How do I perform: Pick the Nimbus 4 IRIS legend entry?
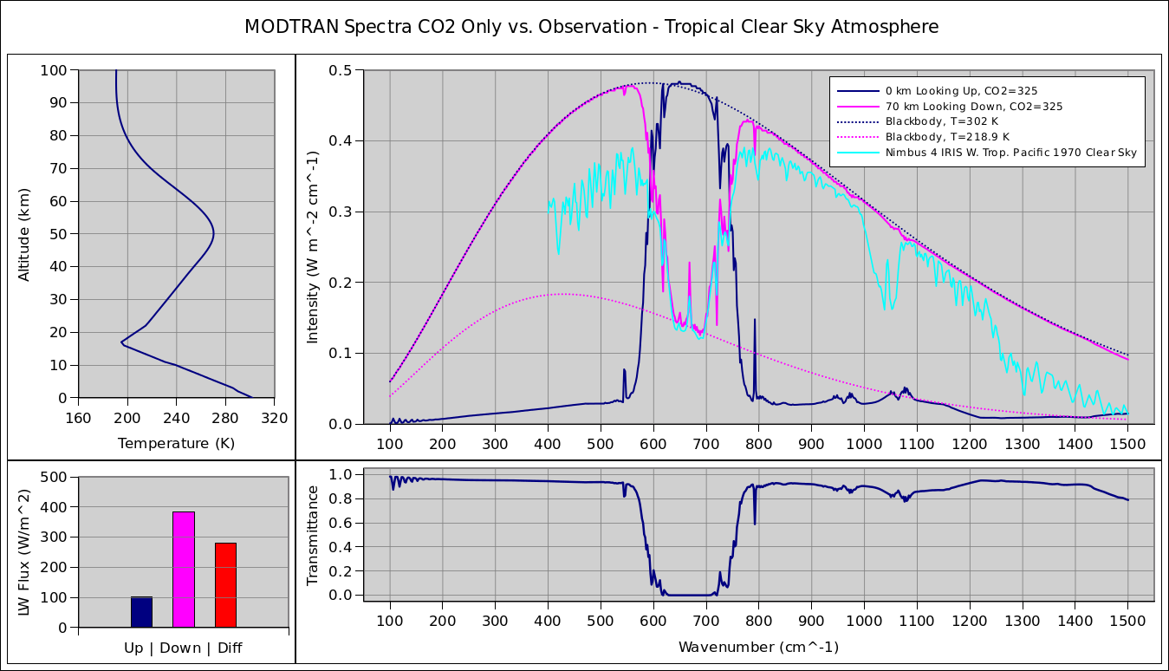pos(1010,153)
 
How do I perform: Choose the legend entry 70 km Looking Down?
pos(973,106)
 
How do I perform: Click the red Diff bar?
pos(225,584)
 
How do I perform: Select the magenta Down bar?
pos(183,569)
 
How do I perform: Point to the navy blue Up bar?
pos(141,611)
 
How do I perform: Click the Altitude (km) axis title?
pos(24,234)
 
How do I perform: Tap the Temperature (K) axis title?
pos(176,444)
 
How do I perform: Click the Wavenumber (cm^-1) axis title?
pos(758,647)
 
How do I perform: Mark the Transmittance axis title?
pos(314,535)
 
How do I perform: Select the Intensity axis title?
pos(314,247)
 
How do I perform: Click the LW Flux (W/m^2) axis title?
pos(24,552)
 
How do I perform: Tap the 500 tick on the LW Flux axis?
pos(54,477)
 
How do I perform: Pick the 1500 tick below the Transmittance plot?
pos(1127,621)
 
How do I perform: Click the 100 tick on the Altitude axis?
pos(54,70)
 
